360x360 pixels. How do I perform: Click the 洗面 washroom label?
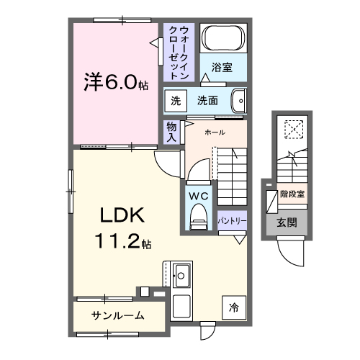[207, 102]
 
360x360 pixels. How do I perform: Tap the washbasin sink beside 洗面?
[240, 102]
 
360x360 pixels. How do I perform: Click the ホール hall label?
[215, 132]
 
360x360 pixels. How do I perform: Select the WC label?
[198, 195]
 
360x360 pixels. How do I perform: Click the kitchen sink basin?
[181, 274]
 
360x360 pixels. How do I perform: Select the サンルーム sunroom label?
[117, 315]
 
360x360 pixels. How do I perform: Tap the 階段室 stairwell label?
[292, 194]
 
